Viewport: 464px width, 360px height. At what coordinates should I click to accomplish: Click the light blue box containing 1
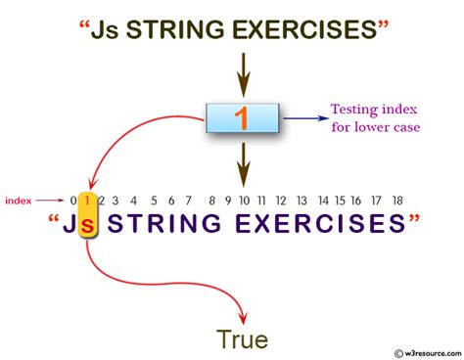click(243, 117)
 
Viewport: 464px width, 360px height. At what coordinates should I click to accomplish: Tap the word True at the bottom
click(243, 339)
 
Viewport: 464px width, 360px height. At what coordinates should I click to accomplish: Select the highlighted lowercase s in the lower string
click(87, 224)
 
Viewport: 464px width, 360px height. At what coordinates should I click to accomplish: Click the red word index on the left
click(19, 201)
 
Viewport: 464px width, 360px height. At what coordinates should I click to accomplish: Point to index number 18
click(397, 201)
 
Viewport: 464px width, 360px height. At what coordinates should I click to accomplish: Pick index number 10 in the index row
click(244, 201)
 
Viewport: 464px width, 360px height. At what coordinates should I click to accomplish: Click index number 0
click(73, 201)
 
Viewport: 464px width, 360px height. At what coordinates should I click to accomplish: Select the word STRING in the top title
click(175, 29)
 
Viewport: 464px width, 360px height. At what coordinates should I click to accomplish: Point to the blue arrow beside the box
click(305, 118)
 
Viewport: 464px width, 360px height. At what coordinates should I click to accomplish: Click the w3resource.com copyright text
click(428, 353)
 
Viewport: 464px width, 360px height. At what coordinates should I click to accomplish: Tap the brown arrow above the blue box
click(244, 74)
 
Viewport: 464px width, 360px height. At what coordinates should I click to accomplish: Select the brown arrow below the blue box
click(244, 164)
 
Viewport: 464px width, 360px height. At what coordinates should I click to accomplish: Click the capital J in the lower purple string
click(70, 223)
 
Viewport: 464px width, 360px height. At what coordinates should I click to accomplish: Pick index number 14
click(323, 201)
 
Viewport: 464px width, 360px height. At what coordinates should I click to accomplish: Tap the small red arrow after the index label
click(50, 201)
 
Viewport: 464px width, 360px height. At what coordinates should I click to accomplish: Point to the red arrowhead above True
click(243, 318)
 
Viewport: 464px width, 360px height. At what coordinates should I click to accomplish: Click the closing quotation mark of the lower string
click(414, 219)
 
